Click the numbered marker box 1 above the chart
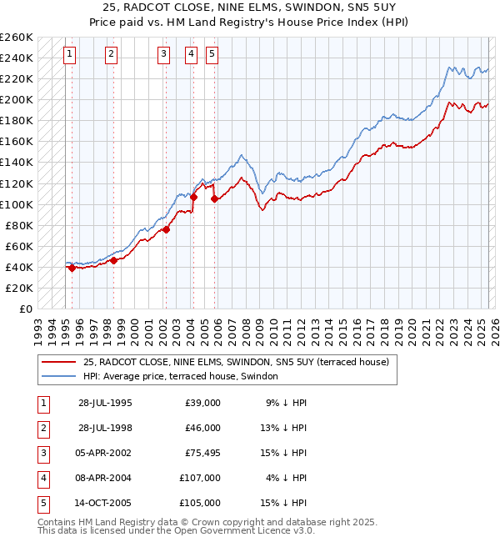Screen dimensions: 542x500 tap(69, 55)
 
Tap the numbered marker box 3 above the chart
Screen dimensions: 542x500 tap(164, 55)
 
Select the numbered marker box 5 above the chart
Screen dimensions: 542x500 tap(212, 55)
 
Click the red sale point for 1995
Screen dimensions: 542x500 tap(72, 268)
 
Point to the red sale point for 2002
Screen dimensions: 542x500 tap(166, 229)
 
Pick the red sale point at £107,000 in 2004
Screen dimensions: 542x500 tap(193, 198)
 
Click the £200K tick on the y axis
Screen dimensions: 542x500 tap(17, 100)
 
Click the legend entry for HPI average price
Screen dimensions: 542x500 tap(182, 377)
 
